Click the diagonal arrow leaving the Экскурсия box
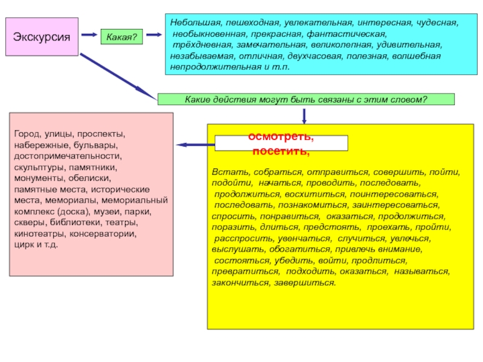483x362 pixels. pyautogui.click(x=118, y=77)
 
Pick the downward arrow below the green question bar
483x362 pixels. pyautogui.click(x=304, y=115)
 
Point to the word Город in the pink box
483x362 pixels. pyautogui.click(x=27, y=132)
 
